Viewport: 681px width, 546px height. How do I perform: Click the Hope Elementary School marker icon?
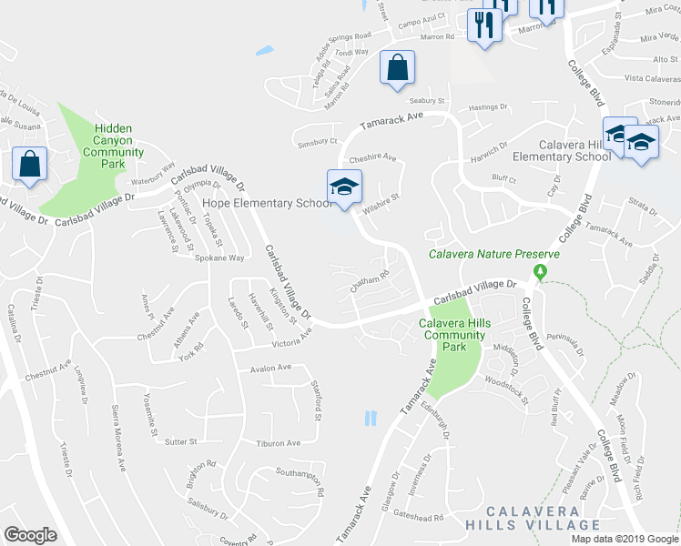coord(344,187)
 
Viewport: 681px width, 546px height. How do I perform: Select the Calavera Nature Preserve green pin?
coord(540,271)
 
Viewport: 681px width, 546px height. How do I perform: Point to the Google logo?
coord(30,535)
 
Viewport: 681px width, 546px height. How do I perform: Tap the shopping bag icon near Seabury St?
coord(397,68)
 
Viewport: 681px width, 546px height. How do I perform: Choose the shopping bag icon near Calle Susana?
coord(30,166)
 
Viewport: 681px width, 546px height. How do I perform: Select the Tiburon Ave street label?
coord(278,443)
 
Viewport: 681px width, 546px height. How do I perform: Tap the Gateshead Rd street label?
coord(418,517)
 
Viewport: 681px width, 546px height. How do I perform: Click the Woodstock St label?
coord(506,389)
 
